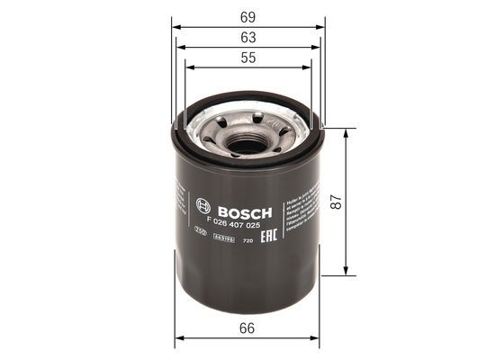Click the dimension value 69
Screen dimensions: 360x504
247,15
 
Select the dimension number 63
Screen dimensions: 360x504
247,37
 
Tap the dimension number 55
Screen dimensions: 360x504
247,57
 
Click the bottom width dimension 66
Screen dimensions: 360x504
247,328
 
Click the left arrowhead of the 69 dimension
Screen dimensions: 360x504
175,26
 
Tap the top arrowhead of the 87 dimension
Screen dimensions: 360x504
346,130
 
